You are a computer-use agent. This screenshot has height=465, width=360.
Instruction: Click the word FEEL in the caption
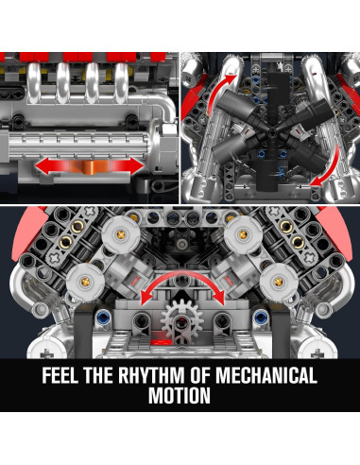tap(60, 375)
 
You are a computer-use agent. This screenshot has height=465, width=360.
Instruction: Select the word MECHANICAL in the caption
tap(266, 375)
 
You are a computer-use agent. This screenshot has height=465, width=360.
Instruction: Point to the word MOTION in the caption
tap(180, 395)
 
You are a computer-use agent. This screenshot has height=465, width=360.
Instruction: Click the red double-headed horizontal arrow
tap(90, 165)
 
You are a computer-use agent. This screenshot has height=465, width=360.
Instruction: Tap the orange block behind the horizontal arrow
tap(89, 166)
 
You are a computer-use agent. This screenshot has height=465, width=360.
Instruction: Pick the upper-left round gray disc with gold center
tap(121, 234)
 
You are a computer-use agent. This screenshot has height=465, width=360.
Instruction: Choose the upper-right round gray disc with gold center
tap(243, 234)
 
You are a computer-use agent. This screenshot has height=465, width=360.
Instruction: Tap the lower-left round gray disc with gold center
tap(85, 282)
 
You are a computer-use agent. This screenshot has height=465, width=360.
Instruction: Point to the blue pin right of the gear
tap(260, 317)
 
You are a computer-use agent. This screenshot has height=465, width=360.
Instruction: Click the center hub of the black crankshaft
tap(271, 132)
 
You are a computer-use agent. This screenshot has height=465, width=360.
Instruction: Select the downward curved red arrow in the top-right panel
tap(328, 166)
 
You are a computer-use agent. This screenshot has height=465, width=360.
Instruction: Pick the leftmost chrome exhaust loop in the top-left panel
tap(34, 82)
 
